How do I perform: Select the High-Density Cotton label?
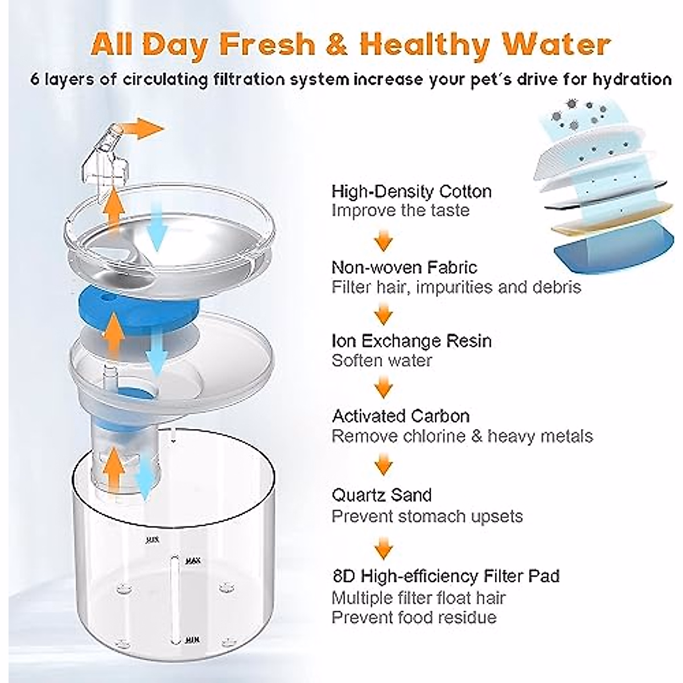click(412, 191)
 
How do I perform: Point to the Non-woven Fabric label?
click(404, 267)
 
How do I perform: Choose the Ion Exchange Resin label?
click(412, 341)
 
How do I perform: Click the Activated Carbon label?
click(401, 416)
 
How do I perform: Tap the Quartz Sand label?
click(381, 495)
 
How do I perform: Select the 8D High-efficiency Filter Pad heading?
click(446, 575)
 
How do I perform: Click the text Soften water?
click(381, 361)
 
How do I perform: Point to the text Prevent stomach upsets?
click(427, 516)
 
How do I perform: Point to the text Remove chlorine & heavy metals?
click(462, 437)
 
